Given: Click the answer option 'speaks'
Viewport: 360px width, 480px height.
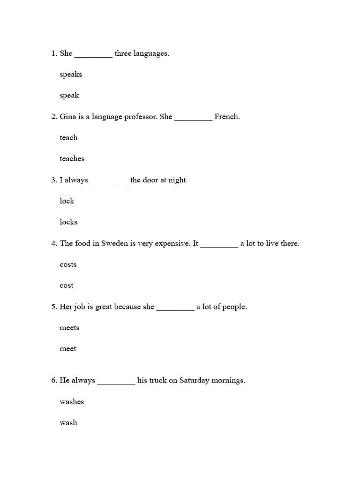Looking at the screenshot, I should pos(71,75).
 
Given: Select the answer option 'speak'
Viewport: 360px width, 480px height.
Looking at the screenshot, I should pos(69,96).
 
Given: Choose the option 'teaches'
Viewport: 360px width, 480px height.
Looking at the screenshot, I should pos(72,159).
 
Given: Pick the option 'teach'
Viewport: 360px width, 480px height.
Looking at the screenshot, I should pos(68,138).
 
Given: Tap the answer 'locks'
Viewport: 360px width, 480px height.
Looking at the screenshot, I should pos(68,222).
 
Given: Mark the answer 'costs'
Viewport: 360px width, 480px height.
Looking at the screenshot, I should pos(68,264).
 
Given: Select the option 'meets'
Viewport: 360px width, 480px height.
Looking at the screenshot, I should pos(69,328).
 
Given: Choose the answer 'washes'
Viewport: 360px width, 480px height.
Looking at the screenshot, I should pos(72,402).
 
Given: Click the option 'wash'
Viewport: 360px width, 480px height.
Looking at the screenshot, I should pos(68,423).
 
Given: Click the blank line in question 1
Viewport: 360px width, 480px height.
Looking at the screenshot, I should pos(93,55).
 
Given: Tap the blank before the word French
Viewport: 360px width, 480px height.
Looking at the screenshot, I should pos(193,118).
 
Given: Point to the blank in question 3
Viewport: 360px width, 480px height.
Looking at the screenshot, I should pos(109,181).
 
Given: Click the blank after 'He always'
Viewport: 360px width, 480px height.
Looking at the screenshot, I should pos(116,382).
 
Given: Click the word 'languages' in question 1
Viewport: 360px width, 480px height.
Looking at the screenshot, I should pos(151,54).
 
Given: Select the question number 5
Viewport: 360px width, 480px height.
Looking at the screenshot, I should pos(53,307).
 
